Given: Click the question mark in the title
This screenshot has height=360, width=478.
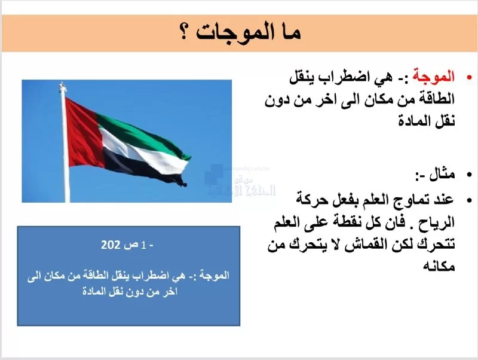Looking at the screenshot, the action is pos(184,33).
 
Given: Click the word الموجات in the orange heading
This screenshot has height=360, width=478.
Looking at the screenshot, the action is pos(233,33).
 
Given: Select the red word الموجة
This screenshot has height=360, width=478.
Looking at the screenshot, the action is pos(433,77).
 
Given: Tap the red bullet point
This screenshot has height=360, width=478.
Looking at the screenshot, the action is pos(469,78).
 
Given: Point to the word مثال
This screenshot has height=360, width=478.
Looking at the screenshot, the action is pos(442,175).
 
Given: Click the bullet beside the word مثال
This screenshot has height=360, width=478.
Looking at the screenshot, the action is pos(469,175).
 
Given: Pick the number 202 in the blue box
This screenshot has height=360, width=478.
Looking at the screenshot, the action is pos(111,245).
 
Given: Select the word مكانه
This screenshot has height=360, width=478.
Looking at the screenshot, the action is pos(439,266).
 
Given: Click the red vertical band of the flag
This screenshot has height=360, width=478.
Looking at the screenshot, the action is pos(82,133).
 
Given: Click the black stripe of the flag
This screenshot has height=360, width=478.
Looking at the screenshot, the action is pos(137,166).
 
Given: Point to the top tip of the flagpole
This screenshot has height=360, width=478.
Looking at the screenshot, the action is pos(63,83).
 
